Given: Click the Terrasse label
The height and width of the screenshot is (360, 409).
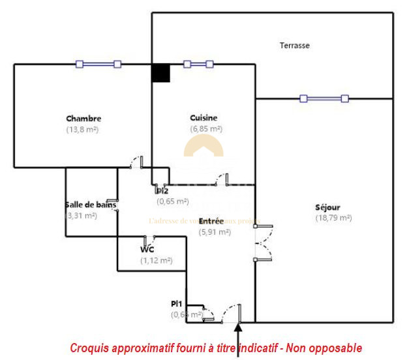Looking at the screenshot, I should point(294,46).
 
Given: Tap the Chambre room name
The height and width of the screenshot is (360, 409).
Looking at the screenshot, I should point(83,119).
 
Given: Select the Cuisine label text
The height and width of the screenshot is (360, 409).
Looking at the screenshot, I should point(204,118).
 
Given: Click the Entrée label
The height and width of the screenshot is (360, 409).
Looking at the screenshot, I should point(211,222).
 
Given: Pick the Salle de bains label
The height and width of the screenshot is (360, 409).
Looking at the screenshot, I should point(91,205).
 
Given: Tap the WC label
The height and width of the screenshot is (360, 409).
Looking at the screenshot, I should point(147,250).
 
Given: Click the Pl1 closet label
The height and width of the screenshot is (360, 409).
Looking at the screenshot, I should point(176,304).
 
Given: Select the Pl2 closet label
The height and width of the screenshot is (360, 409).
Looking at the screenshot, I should point(162,191).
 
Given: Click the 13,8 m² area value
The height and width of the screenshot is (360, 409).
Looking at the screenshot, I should point(82,129).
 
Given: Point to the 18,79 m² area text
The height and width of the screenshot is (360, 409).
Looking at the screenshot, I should point(333,218).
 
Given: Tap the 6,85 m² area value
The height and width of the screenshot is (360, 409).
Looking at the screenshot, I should point(206,128).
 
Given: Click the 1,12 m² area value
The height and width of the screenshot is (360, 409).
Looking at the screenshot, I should point(156,260).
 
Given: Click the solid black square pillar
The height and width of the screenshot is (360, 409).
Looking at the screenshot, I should point(160,72).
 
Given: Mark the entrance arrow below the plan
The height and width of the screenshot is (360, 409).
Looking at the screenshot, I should point(239,339).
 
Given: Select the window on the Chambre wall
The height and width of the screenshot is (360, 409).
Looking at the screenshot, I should point(98,64).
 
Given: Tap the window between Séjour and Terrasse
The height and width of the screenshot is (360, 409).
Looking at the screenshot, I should point(324,98).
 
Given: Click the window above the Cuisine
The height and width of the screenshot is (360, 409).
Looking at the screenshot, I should point(198,64).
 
